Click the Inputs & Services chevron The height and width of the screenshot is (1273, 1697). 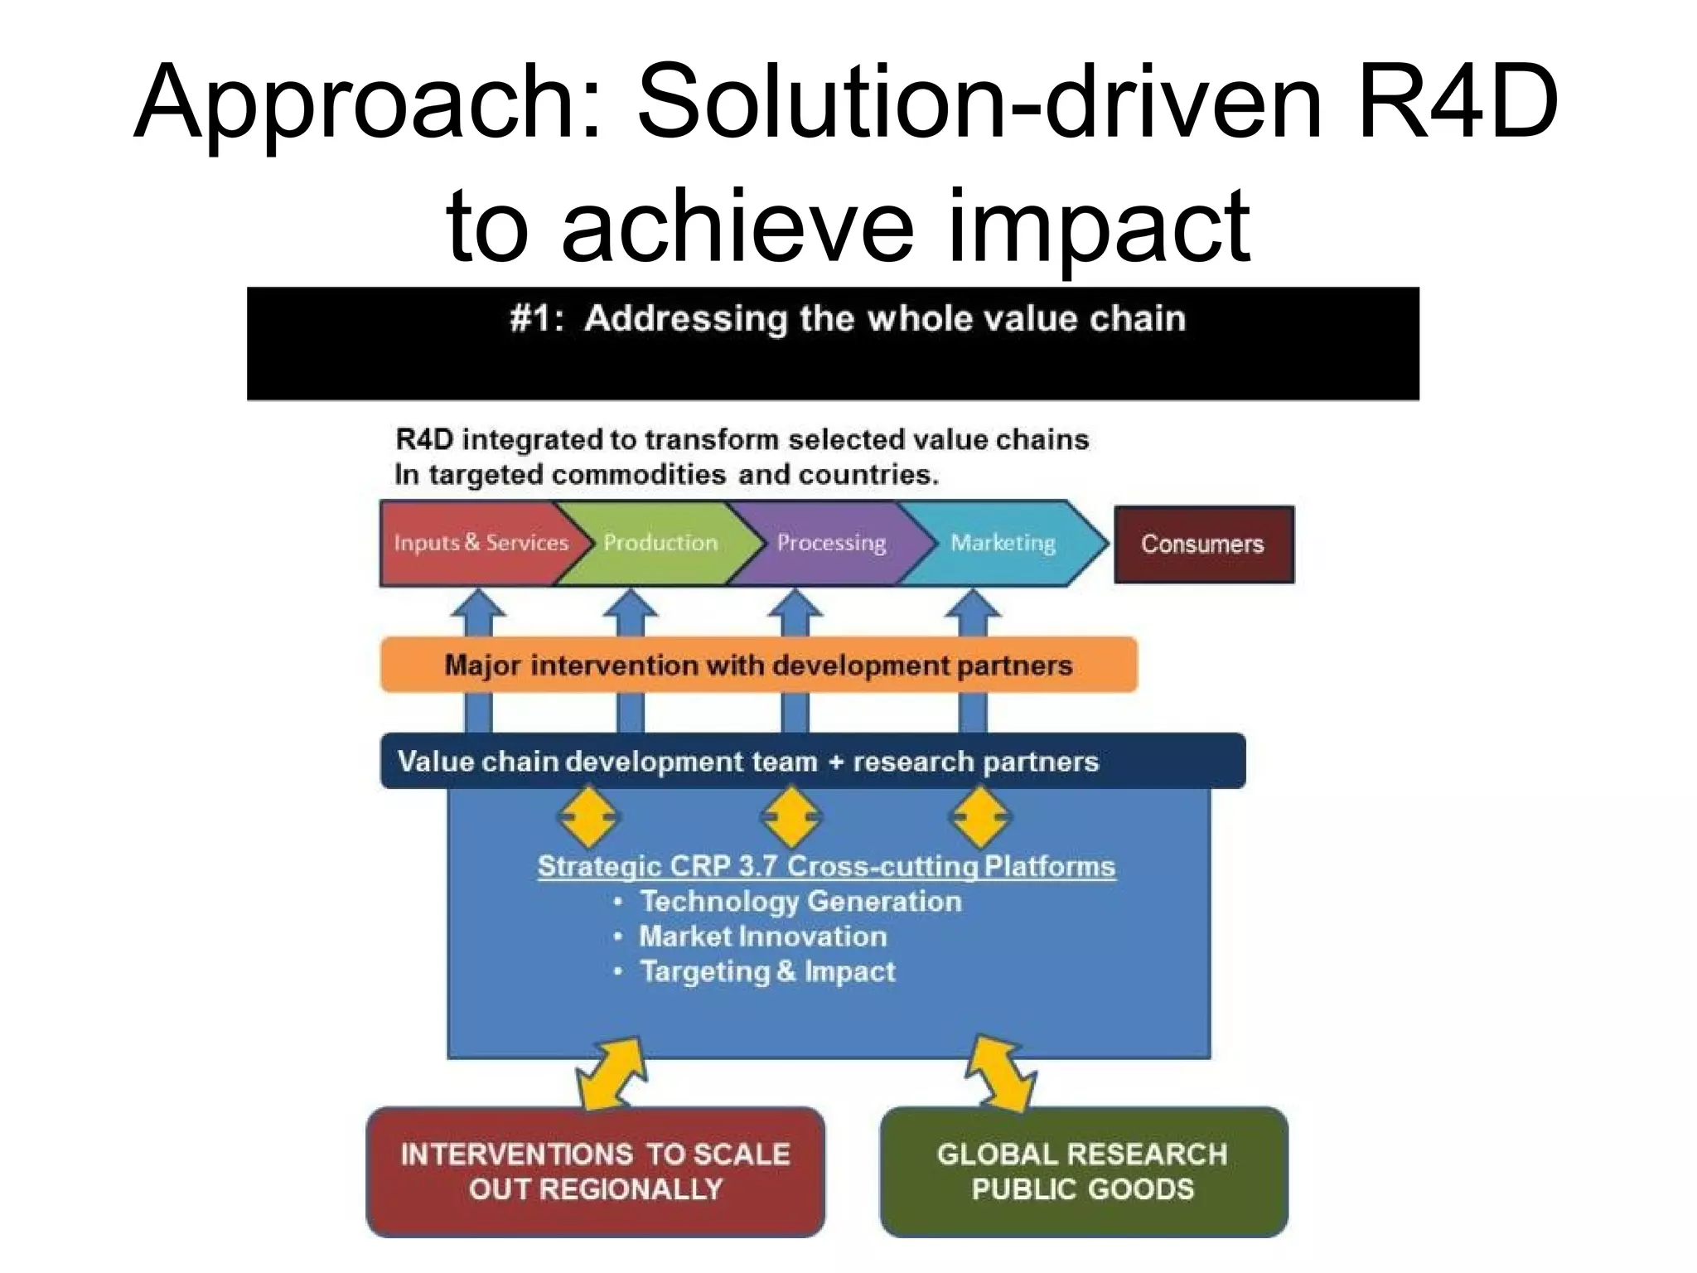[481, 543]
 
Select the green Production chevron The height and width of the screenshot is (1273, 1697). [660, 543]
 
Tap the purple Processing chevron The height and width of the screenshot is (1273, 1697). [831, 543]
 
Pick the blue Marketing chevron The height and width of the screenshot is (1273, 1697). [1003, 543]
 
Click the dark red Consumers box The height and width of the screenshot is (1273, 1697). [1203, 544]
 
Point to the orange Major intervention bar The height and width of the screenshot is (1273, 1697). [758, 665]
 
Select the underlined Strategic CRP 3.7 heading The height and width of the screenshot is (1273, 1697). [826, 866]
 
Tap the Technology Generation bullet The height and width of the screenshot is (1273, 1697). [800, 901]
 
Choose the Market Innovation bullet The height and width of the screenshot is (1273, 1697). [762, 937]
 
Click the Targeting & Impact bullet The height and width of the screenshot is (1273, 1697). [767, 971]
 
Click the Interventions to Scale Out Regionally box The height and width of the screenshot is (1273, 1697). [595, 1171]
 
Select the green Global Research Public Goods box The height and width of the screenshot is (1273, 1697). [1083, 1171]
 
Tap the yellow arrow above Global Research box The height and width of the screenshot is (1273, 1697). [1002, 1073]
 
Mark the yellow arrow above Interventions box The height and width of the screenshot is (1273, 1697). [612, 1074]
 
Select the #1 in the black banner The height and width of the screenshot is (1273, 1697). [534, 319]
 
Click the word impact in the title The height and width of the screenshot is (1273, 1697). [1098, 225]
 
